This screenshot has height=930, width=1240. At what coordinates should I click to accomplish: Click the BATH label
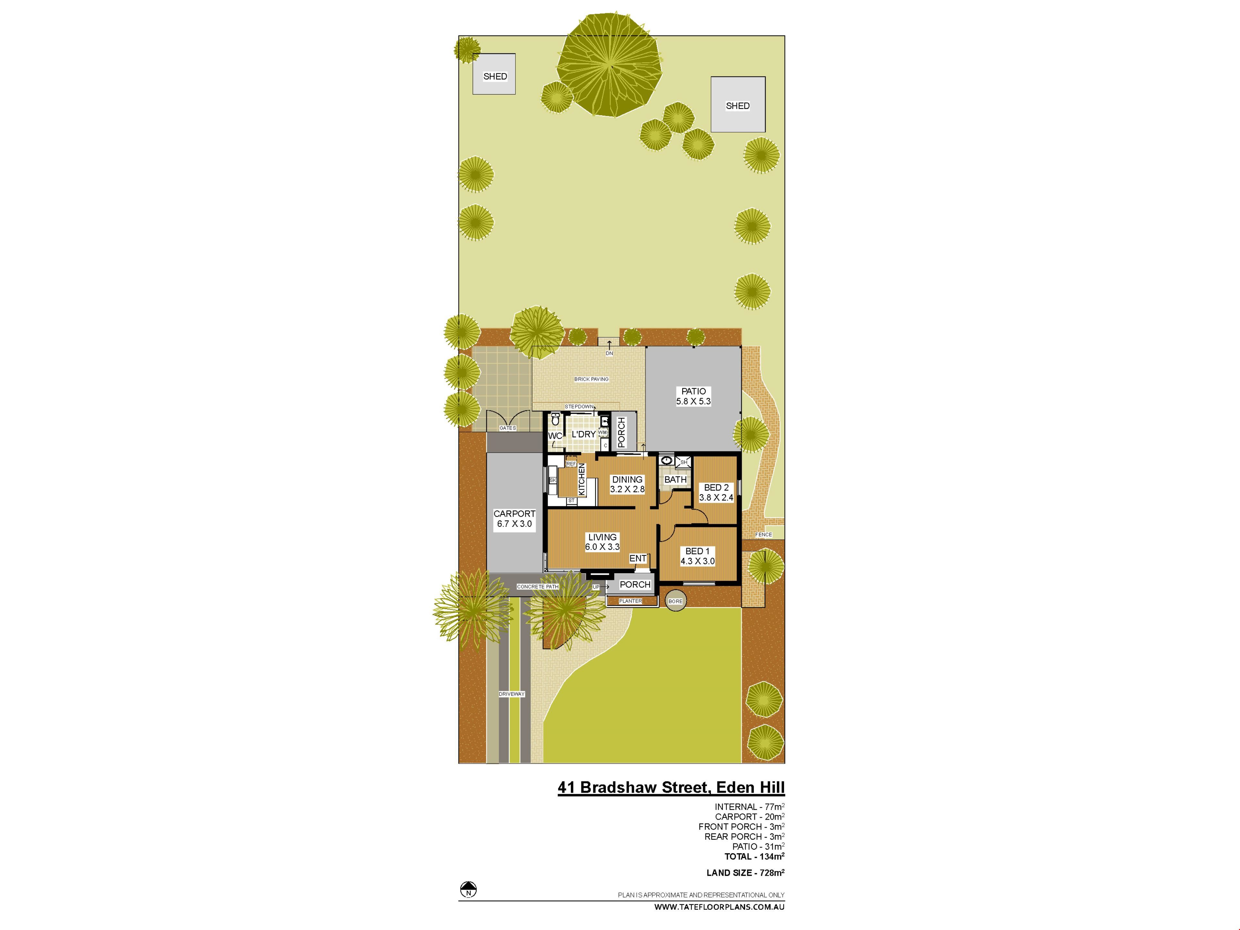point(676,479)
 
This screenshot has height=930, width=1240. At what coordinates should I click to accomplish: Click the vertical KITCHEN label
point(582,479)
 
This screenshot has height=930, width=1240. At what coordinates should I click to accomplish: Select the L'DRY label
point(584,434)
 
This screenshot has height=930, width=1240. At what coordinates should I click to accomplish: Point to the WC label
point(555,436)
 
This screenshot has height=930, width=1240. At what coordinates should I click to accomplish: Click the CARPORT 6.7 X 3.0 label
point(515,519)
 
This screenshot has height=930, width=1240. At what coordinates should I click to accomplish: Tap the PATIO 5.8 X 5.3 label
point(693,396)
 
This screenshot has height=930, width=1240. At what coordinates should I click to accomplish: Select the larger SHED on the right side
point(738,104)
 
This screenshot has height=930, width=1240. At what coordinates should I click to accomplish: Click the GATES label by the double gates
point(508,428)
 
